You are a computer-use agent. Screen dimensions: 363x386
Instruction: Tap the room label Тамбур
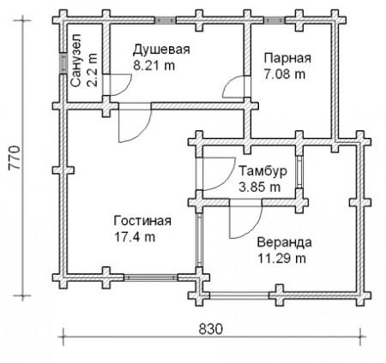coord(257,170)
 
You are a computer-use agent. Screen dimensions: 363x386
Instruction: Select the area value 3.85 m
coord(259,185)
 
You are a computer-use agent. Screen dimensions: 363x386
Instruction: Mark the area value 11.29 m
coord(280,257)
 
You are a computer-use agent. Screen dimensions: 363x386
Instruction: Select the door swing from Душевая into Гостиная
coord(129,124)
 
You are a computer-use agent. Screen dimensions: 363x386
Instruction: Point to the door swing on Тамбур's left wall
coord(211,176)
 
